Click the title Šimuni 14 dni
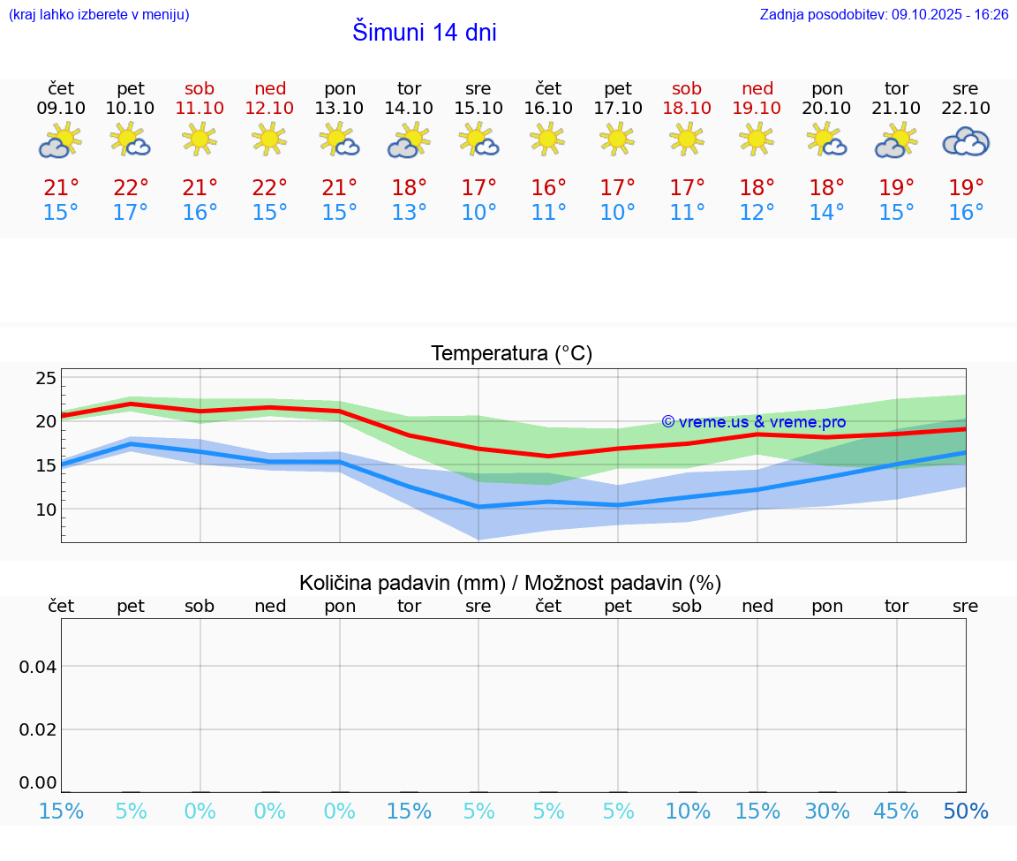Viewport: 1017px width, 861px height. pyautogui.click(x=424, y=33)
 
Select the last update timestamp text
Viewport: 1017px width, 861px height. pyautogui.click(x=884, y=15)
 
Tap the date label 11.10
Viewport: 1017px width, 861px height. pyautogui.click(x=200, y=108)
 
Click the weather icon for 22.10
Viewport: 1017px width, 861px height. pyautogui.click(x=965, y=141)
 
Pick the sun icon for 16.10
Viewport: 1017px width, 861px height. pyautogui.click(x=547, y=139)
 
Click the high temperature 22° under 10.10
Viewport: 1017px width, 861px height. pyautogui.click(x=131, y=188)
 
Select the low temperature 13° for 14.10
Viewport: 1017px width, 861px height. pyautogui.click(x=409, y=213)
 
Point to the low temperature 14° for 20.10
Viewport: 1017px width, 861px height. pyautogui.click(x=827, y=213)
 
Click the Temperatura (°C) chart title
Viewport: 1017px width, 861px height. pyautogui.click(x=511, y=354)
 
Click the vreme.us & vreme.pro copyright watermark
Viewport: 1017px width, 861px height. pyautogui.click(x=753, y=422)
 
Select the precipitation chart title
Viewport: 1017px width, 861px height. pyautogui.click(x=510, y=583)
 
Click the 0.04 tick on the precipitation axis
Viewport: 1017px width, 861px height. pyautogui.click(x=38, y=667)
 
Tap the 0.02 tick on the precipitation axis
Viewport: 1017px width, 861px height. pyautogui.click(x=38, y=729)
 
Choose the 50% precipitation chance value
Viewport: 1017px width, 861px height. pyautogui.click(x=966, y=812)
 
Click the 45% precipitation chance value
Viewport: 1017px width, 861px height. pyautogui.click(x=896, y=812)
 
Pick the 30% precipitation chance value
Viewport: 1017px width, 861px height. pyautogui.click(x=827, y=812)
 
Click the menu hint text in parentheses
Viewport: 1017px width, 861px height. pyautogui.click(x=98, y=15)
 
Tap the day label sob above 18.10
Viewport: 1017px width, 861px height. pyautogui.click(x=687, y=88)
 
